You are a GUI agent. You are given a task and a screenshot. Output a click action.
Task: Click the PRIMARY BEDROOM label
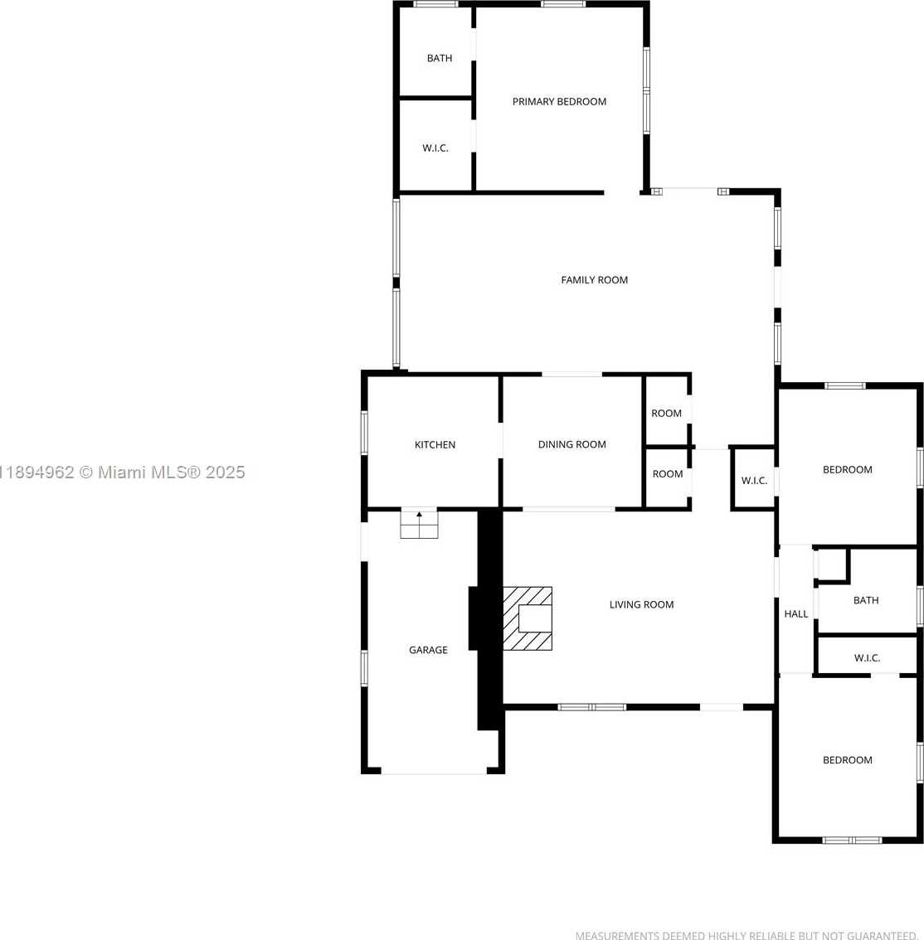[559, 102]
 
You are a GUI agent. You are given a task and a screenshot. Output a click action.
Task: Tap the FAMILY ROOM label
[595, 280]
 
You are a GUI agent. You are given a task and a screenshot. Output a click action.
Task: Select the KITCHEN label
[435, 445]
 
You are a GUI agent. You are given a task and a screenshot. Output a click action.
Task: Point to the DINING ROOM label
[571, 444]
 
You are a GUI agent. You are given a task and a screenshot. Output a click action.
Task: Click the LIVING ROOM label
[641, 604]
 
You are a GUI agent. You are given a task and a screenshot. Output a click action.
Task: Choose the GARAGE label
[428, 650]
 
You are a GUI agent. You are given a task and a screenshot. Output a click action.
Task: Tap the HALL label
[796, 614]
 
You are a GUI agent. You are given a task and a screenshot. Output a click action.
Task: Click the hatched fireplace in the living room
[528, 618]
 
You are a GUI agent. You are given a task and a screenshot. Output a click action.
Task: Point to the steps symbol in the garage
[420, 525]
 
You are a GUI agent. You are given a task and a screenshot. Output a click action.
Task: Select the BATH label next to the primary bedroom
[440, 58]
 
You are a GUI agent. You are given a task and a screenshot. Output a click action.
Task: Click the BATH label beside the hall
[866, 600]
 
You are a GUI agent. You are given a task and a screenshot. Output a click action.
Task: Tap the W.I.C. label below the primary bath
[435, 148]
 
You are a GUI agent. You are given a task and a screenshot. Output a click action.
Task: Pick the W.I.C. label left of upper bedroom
[754, 481]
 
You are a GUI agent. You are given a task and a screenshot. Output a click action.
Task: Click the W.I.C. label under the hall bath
[867, 658]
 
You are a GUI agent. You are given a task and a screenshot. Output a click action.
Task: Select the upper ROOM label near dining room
[667, 413]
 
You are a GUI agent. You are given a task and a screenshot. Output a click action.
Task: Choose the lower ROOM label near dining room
[668, 473]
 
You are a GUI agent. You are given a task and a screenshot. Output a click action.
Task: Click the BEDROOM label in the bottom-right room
[847, 760]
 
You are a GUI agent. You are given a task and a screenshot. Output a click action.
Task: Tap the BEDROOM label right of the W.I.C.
[847, 469]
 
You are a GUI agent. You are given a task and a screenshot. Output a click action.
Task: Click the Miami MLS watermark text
[123, 472]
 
